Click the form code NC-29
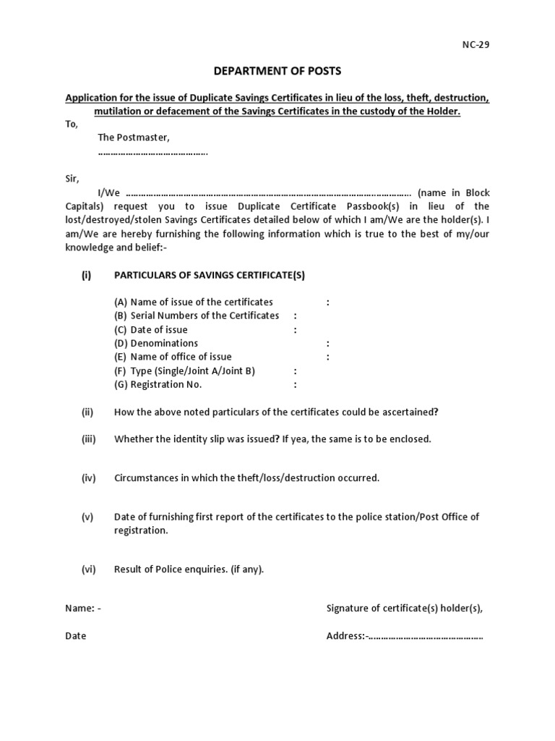point(476,44)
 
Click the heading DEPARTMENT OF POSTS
point(277,71)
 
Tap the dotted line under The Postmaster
point(152,153)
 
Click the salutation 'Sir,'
point(72,179)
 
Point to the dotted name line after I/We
point(267,193)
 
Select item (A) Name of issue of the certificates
point(193,302)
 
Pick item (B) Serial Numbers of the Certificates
point(196,316)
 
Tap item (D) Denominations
point(155,343)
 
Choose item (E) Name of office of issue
point(173,357)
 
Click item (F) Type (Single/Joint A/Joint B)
point(184,370)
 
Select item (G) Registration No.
point(158,384)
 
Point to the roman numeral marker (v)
point(87,517)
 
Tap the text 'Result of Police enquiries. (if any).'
point(189,569)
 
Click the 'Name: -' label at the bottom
point(83,609)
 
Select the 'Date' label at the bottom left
point(75,636)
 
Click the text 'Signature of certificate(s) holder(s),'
point(404,609)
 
